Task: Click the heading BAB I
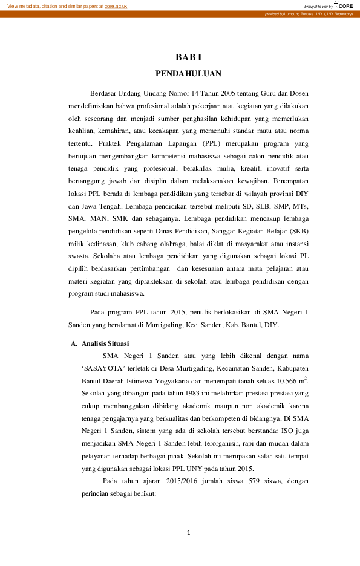tap(188, 57)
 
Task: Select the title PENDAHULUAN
tap(188, 74)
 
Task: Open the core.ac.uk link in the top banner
tap(116, 5)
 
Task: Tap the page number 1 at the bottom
tap(188, 532)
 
